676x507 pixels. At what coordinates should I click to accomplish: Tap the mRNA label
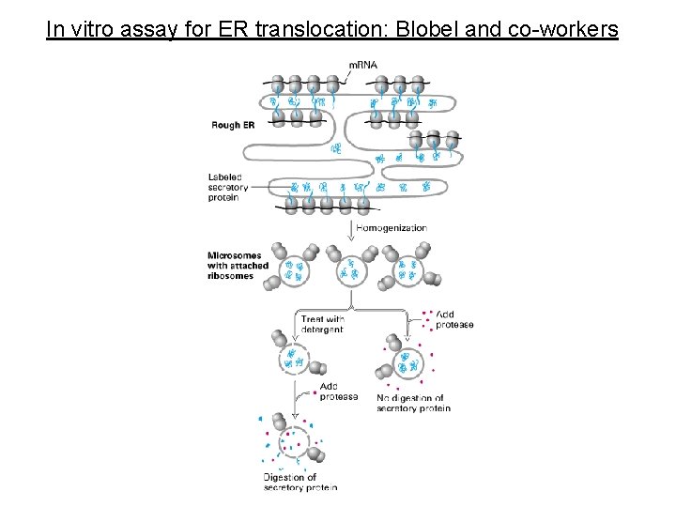(x=363, y=65)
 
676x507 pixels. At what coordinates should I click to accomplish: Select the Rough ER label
(x=234, y=125)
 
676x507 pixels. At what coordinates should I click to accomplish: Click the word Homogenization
(x=392, y=227)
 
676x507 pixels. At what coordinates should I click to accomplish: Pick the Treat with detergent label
(x=322, y=324)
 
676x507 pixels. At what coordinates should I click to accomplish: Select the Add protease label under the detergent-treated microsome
(x=339, y=391)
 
